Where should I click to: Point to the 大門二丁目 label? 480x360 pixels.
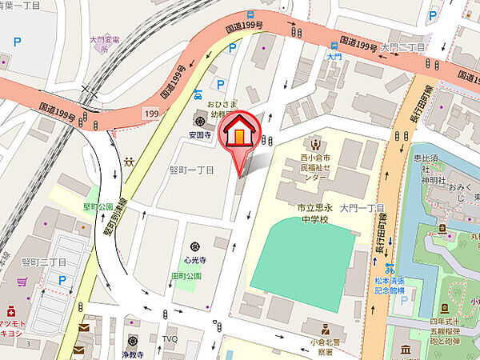403,48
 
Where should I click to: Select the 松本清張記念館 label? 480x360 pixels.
389,285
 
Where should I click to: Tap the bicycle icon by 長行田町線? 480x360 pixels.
390,269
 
